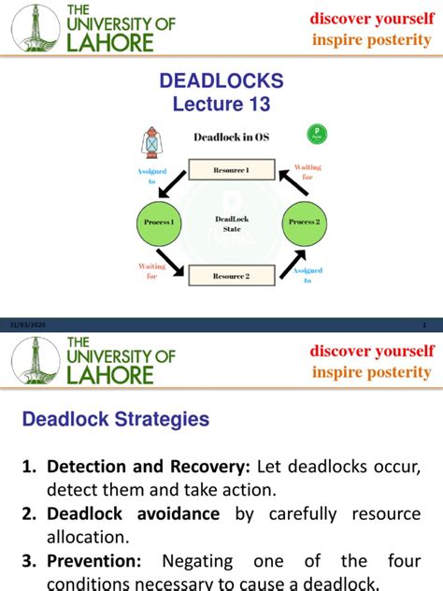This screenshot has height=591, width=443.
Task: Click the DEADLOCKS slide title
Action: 221,82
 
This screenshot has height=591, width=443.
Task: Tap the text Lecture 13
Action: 221,105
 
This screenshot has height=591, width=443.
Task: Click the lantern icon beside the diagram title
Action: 150,143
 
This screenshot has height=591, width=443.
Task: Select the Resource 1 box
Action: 232,169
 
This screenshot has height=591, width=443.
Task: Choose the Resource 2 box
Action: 232,276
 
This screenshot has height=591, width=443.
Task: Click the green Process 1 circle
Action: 159,223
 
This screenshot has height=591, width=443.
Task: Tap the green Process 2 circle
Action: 304,223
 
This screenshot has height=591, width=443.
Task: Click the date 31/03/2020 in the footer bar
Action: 27,324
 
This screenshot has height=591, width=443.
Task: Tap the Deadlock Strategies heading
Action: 116,420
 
